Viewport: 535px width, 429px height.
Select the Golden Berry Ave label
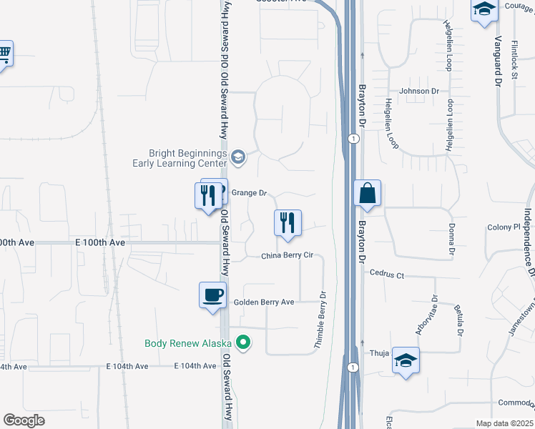point(264,302)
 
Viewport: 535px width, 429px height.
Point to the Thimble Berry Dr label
point(321,320)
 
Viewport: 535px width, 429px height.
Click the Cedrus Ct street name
point(387,274)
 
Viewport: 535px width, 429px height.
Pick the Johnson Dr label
point(419,91)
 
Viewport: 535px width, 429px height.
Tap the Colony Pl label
point(504,227)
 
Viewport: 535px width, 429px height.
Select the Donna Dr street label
point(452,240)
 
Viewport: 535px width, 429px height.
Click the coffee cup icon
point(212,295)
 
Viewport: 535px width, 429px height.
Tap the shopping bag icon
point(367,193)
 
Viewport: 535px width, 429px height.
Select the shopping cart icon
point(4,53)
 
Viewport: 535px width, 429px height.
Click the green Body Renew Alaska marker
point(243,343)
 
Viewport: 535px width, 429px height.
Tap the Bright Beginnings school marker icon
point(238,157)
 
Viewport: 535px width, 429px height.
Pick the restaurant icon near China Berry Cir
point(288,222)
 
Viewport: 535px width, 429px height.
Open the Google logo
point(24,420)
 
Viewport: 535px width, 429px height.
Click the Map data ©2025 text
point(504,423)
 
